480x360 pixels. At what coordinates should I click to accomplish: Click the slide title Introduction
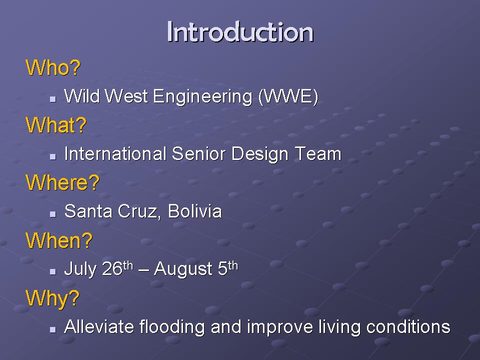240,32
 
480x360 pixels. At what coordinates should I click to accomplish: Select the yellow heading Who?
53,67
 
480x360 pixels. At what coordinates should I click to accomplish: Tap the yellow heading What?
56,125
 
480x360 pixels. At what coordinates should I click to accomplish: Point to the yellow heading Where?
62,182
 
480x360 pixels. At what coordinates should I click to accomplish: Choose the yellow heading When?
59,240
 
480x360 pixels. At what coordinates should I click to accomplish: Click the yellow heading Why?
52,298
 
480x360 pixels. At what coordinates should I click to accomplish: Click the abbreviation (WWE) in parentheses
288,96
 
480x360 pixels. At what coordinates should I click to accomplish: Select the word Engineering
202,96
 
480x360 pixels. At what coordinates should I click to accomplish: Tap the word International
115,153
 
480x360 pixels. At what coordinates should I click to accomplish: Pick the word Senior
199,153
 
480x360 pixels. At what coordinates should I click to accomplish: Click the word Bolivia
194,211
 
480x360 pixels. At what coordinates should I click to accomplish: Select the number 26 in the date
112,268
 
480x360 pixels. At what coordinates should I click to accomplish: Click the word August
183,269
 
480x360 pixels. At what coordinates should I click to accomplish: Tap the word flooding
171,327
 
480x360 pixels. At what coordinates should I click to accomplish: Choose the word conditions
408,326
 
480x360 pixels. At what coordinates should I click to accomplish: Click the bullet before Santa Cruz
53,214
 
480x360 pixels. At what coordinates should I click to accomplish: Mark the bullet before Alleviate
53,329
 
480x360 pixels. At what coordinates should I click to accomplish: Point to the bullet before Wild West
53,99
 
